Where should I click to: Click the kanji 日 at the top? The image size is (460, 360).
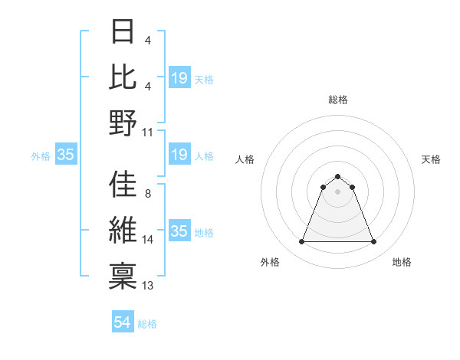tap(123, 31)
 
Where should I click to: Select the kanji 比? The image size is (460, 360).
tap(123, 77)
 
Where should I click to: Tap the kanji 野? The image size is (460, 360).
tap(123, 123)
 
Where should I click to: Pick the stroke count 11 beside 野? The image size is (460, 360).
tap(148, 132)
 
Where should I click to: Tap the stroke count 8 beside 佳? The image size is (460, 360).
tap(147, 194)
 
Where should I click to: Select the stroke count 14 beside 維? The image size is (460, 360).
tap(148, 240)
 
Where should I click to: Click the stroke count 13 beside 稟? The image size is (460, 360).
tap(148, 286)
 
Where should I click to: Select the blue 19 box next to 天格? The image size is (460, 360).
tap(179, 78)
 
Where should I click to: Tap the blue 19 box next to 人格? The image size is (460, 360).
tap(179, 155)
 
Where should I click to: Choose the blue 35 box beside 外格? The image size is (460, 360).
tap(65, 155)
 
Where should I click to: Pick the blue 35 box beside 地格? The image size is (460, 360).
tap(179, 232)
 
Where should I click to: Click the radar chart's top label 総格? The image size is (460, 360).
tap(337, 100)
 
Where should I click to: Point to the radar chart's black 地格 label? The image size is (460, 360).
tap(402, 262)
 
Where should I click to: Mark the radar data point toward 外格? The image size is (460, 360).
tap(301, 242)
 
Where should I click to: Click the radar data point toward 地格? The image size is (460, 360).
tap(374, 242)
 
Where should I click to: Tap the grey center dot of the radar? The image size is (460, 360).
tap(337, 191)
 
